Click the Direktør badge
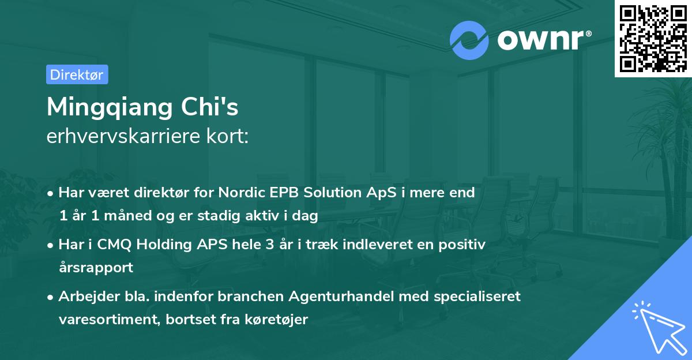(77, 74)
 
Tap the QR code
(653, 38)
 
